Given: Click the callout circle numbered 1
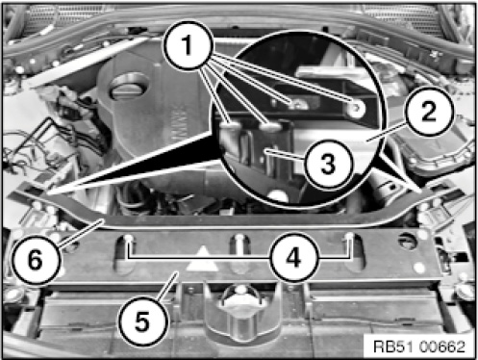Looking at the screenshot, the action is pos(188,45).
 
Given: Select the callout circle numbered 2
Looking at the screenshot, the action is pos(430,111).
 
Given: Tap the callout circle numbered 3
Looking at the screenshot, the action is pos(328,164).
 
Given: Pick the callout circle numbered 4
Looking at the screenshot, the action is pos(294,258).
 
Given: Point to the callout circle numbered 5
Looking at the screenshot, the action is pos(143,321).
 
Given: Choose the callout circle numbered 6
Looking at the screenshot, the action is pos(36,259).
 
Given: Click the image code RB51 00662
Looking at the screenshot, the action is pos(419,347).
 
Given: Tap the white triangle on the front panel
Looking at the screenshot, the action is pos(203,259).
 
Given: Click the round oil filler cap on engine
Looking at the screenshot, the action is pos(130,86).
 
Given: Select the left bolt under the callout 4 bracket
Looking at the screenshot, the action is pos(129,239).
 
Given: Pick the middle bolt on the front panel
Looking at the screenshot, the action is pos(239,239).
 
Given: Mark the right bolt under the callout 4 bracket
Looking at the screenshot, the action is pos(349,238).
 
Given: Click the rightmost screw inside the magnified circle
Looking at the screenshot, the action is pos(356,109).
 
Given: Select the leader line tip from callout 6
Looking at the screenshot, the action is pos(103,219).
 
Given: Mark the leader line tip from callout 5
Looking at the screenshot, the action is pos(177,272).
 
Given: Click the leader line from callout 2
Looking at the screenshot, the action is pos(388,132).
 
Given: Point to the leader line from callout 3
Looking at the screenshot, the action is pos(286,154).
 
